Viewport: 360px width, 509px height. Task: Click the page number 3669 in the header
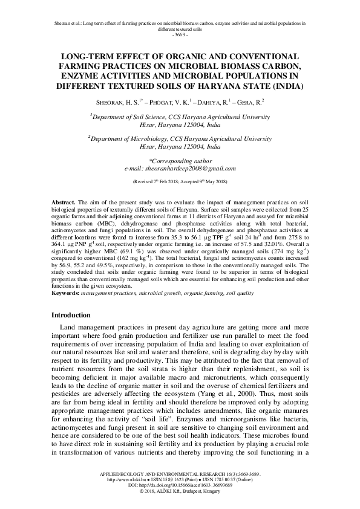click(x=180, y=34)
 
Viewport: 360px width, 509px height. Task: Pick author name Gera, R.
click(x=249, y=103)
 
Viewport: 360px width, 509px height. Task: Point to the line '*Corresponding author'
click(x=180, y=161)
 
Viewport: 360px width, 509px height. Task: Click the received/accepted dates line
click(x=180, y=181)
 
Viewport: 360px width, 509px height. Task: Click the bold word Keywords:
click(x=65, y=293)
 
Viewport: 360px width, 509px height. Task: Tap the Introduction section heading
click(x=71, y=315)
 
